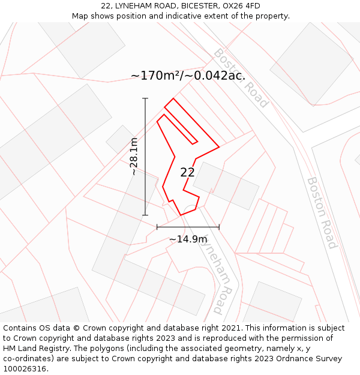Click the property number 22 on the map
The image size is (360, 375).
coord(187,172)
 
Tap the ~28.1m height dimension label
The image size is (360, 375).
coord(134,157)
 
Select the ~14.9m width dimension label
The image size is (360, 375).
coord(188,239)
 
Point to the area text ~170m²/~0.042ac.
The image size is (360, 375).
coord(188,76)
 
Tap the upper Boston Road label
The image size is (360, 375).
coord(240,78)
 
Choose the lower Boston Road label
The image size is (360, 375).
coord(322,212)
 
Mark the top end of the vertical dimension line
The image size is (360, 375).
coord(145,98)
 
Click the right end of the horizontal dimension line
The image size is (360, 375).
coord(219,227)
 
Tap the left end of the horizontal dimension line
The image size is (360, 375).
coord(157,227)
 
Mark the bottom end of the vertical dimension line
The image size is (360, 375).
coord(145,215)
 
